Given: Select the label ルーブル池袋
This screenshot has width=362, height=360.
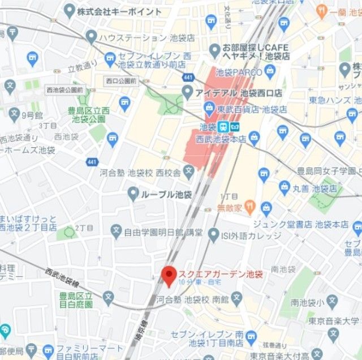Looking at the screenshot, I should [x=167, y=194].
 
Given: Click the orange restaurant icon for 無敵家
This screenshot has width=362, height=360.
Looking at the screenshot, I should [x=250, y=207].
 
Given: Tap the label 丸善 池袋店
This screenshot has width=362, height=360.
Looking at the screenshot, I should [x=316, y=187].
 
